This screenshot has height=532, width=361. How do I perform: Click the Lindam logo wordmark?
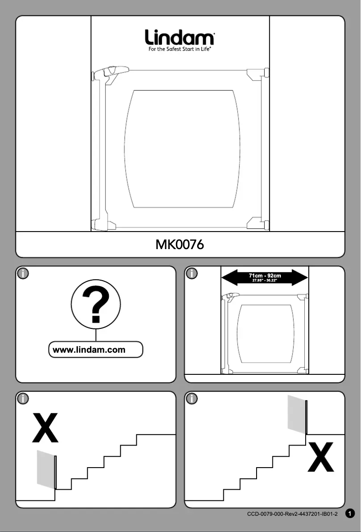(x=180, y=37)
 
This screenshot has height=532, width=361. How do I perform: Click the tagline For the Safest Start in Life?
(x=180, y=49)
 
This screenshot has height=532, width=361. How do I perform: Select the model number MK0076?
(x=180, y=245)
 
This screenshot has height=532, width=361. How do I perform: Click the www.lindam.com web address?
(x=89, y=350)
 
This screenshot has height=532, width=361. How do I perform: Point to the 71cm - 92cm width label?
(x=265, y=276)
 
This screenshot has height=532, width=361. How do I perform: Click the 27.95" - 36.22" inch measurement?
(x=265, y=281)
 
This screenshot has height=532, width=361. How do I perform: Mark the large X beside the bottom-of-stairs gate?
(x=45, y=428)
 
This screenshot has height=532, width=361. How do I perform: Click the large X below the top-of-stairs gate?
(x=320, y=457)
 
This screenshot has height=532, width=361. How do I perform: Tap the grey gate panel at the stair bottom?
(x=45, y=468)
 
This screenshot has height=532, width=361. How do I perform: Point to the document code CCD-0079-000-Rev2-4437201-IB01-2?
(x=292, y=514)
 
